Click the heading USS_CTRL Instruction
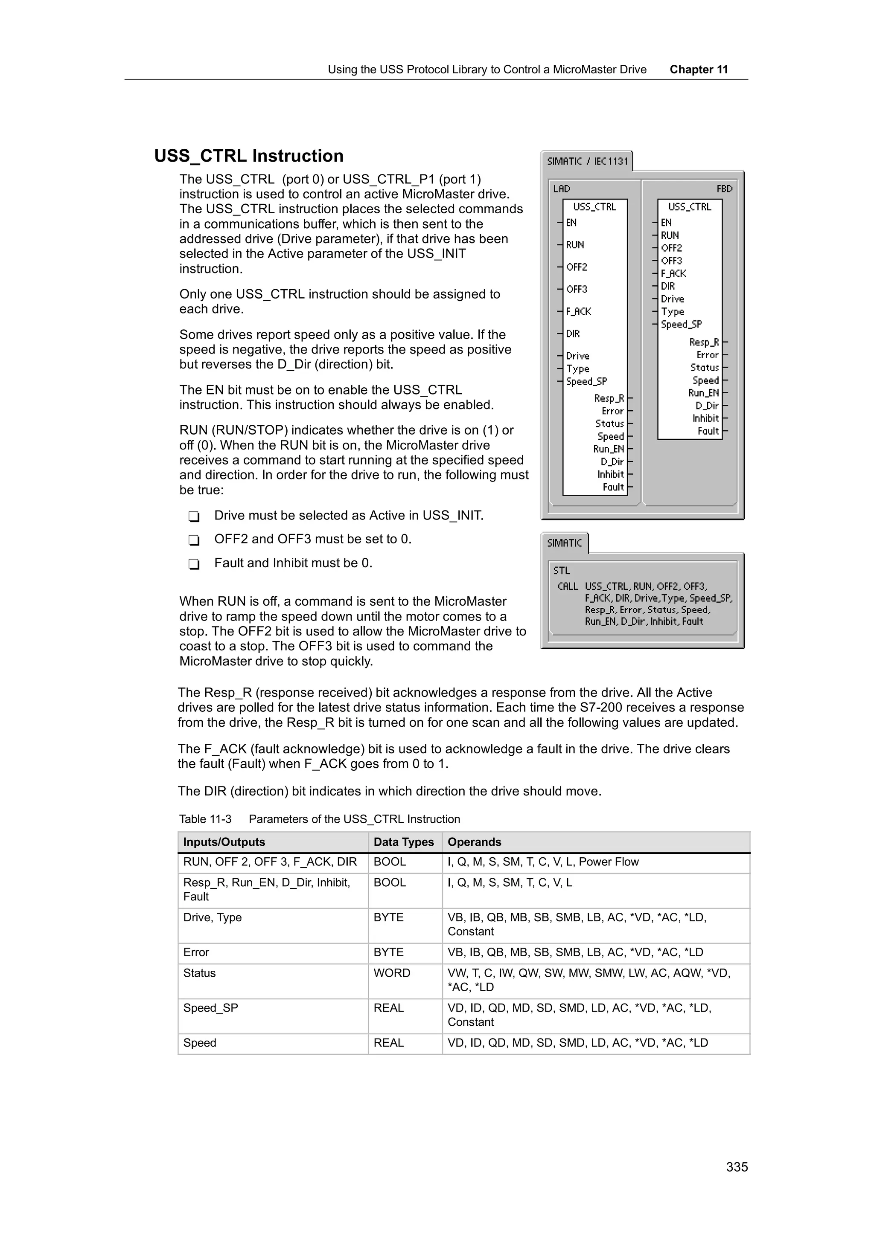pos(248,156)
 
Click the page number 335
pos(737,1166)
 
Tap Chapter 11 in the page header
pos(699,70)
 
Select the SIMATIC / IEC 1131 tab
pos(587,162)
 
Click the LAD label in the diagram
pos(561,189)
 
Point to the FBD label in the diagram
pos(724,189)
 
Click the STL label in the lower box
pos(561,571)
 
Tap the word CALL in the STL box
pos(568,586)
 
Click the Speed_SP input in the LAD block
pos(586,382)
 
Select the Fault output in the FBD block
pos(708,431)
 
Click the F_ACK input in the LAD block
pos(578,312)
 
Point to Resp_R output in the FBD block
pos(703,342)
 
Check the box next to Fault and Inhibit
pos(194,564)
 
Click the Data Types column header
pos(403,842)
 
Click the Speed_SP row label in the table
pos(210,1008)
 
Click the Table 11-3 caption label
pos(205,819)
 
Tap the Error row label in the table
pos(196,952)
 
